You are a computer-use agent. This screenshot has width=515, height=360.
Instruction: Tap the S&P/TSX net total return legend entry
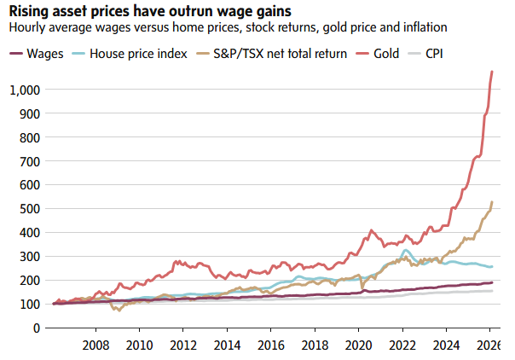(x=269, y=54)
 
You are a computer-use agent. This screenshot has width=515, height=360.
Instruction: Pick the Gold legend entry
(x=385, y=54)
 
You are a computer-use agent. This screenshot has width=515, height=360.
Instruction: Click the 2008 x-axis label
(x=95, y=345)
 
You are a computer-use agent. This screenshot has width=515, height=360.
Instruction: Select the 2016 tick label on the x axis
(x=271, y=345)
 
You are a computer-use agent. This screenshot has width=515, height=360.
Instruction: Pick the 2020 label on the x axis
(x=359, y=345)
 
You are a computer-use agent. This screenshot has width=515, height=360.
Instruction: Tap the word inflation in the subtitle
(x=422, y=27)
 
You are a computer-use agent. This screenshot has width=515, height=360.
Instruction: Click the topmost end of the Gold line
(x=493, y=72)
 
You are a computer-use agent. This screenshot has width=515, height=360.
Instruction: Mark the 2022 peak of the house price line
(x=405, y=251)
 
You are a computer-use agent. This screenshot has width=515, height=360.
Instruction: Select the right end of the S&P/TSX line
(x=493, y=202)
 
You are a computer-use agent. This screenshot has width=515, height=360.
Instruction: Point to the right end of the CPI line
(x=493, y=291)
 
